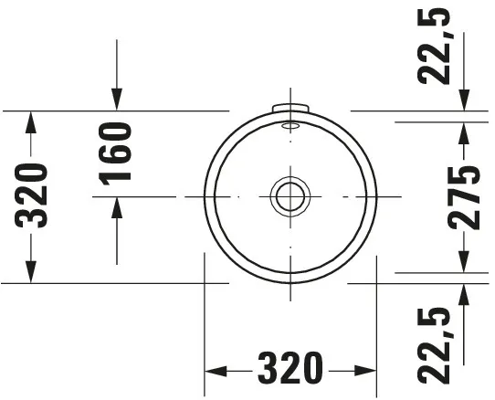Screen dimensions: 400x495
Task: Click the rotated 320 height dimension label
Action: [x=32, y=195]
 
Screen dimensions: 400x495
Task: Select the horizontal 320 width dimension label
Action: [x=290, y=369]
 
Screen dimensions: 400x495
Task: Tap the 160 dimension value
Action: [x=117, y=152]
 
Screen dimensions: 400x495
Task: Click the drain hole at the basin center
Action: [x=290, y=195]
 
